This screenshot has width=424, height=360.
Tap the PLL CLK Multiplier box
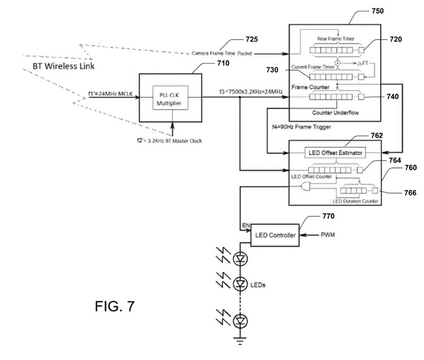pyautogui.click(x=172, y=99)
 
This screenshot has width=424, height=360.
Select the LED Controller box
pyautogui.click(x=275, y=234)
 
